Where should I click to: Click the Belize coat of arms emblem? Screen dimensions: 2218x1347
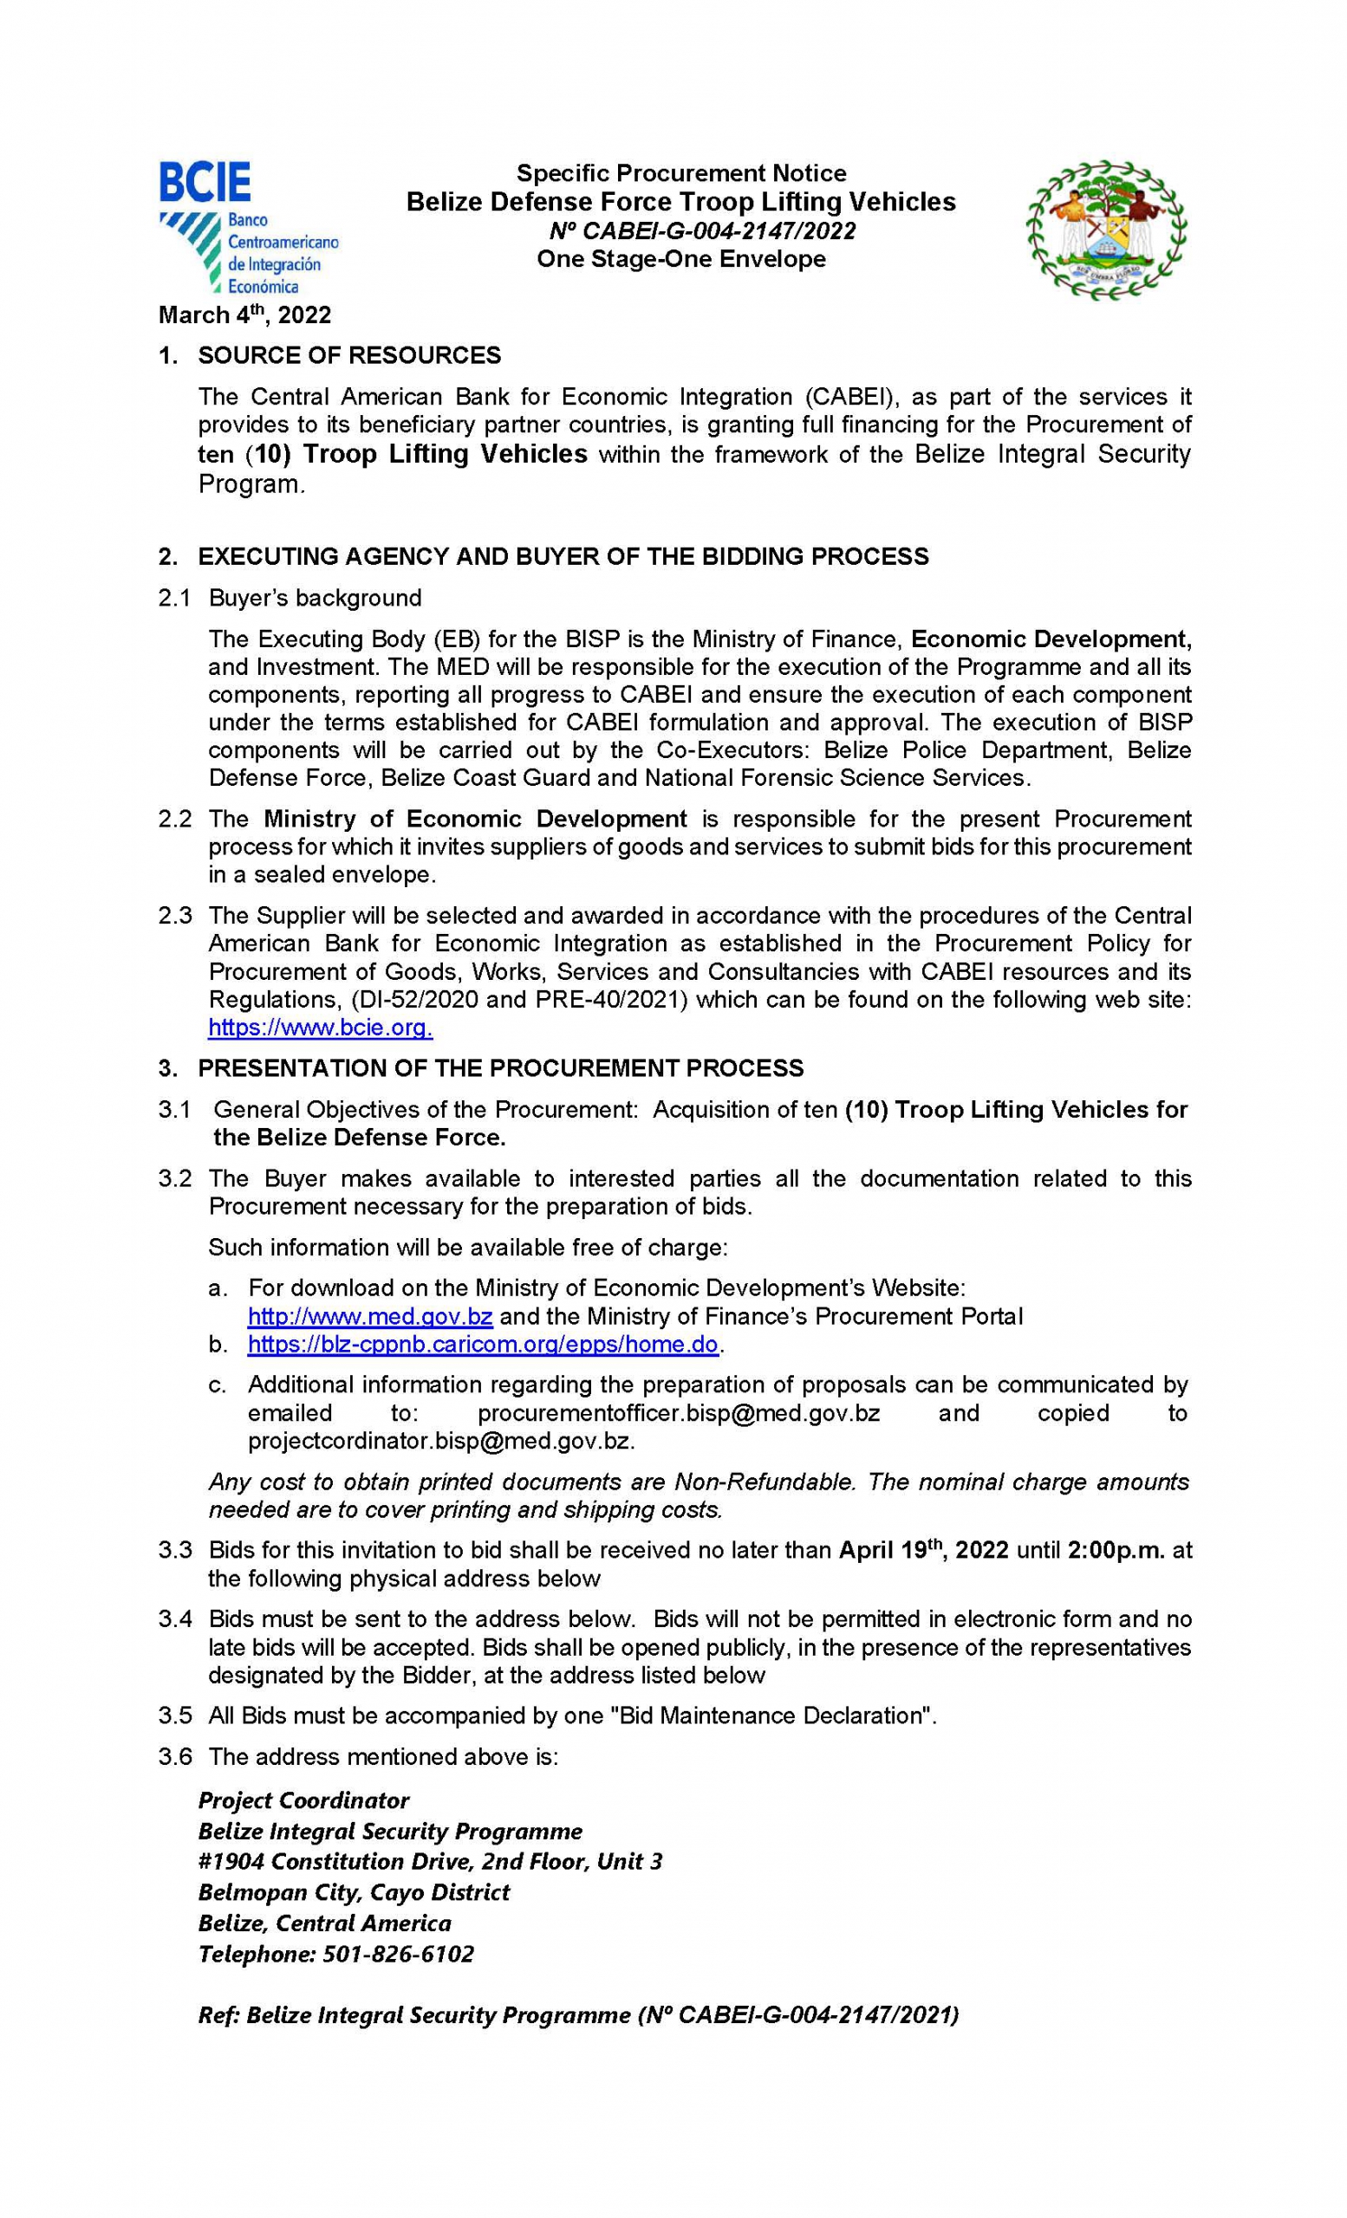1107,230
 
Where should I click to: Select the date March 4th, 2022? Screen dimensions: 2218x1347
245,315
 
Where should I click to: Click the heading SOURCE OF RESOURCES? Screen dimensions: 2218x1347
348,355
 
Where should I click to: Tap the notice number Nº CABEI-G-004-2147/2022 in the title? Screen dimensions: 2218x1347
702,231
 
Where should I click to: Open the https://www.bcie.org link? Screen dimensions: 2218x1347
320,1027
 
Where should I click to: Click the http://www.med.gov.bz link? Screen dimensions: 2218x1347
370,1316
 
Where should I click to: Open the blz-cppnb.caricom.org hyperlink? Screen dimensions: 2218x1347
483,1345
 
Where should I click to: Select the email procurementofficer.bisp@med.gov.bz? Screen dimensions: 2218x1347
678,1412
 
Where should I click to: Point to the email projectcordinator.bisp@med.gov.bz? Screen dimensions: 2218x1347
441,1440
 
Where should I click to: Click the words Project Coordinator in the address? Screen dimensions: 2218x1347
303,1800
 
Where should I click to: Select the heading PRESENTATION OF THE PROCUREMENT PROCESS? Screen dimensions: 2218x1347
501,1068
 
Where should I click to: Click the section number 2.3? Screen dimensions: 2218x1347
175,917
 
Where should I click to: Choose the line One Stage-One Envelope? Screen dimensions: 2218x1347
680,259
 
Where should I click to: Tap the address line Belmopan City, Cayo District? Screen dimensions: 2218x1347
354,1892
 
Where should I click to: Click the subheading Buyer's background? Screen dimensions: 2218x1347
315,598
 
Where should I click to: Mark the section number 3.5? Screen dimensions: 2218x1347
175,1715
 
